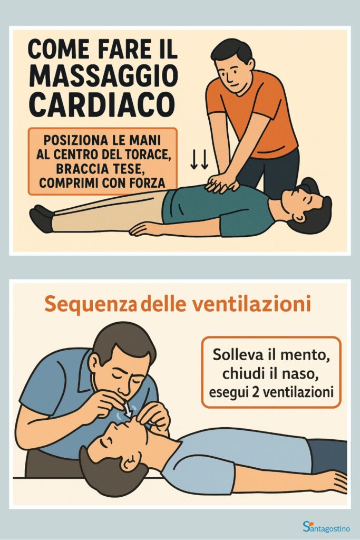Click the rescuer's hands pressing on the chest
pyautogui.click(x=221, y=182)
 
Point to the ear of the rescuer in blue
pyautogui.click(x=95, y=363)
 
